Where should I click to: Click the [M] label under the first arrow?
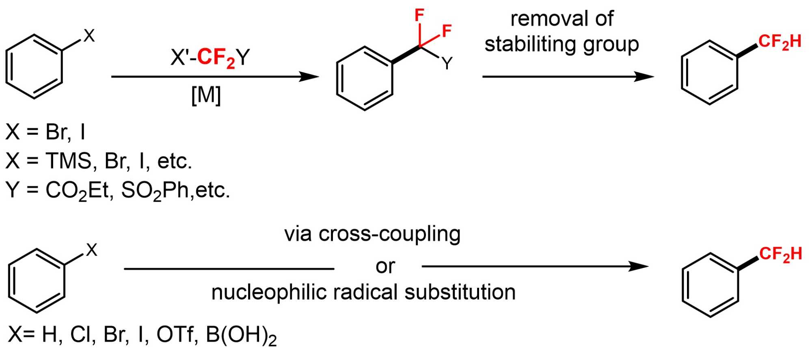coord(206,96)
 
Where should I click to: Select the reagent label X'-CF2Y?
coord(210,57)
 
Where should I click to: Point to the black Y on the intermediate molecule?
coord(447,64)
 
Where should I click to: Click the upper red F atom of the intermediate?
coord(419,15)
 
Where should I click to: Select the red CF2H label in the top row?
coord(780,42)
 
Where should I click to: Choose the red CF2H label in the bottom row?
coord(780,254)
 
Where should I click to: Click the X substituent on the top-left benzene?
coord(89,36)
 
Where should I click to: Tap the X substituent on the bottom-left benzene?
coord(92,250)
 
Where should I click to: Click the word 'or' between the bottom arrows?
coord(385,267)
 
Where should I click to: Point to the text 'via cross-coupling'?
coord(372,234)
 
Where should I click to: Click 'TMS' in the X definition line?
coord(69,161)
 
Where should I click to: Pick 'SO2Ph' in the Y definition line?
coord(155,190)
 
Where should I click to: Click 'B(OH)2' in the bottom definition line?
coord(241,335)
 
